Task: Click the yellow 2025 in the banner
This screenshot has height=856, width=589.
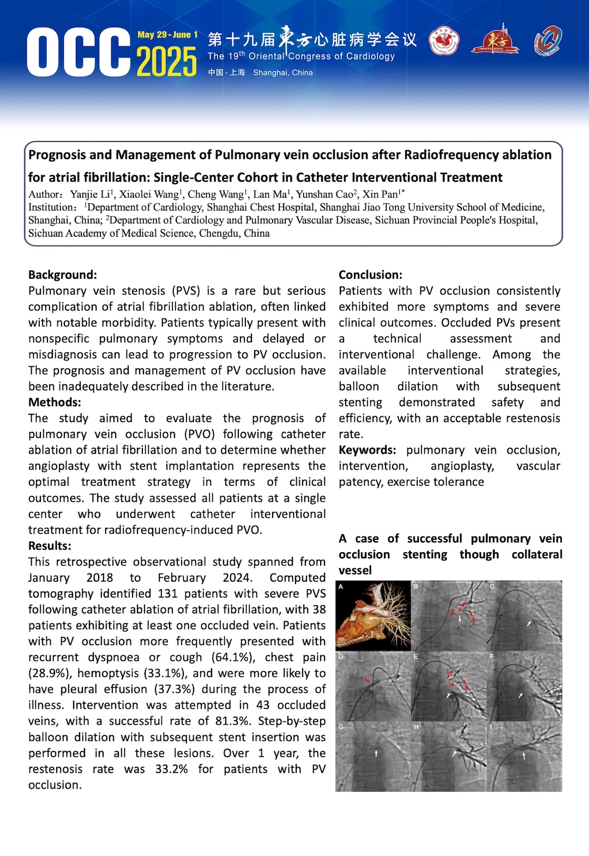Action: [166, 62]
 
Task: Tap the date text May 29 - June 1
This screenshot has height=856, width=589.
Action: [167, 35]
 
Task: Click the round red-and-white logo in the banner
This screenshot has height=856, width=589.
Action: [444, 41]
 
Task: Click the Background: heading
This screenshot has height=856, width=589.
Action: [63, 275]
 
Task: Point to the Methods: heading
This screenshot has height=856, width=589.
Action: [55, 402]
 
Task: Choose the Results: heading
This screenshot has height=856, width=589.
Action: [50, 546]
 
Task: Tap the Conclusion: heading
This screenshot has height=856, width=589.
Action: [370, 275]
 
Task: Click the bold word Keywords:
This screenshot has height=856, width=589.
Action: [367, 450]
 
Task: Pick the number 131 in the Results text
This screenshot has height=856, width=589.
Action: [167, 594]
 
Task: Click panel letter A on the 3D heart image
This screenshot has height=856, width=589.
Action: [341, 587]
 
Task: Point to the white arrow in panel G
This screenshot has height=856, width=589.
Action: [376, 753]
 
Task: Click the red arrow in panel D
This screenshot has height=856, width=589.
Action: [368, 680]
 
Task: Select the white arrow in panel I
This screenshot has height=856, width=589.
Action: [524, 756]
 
